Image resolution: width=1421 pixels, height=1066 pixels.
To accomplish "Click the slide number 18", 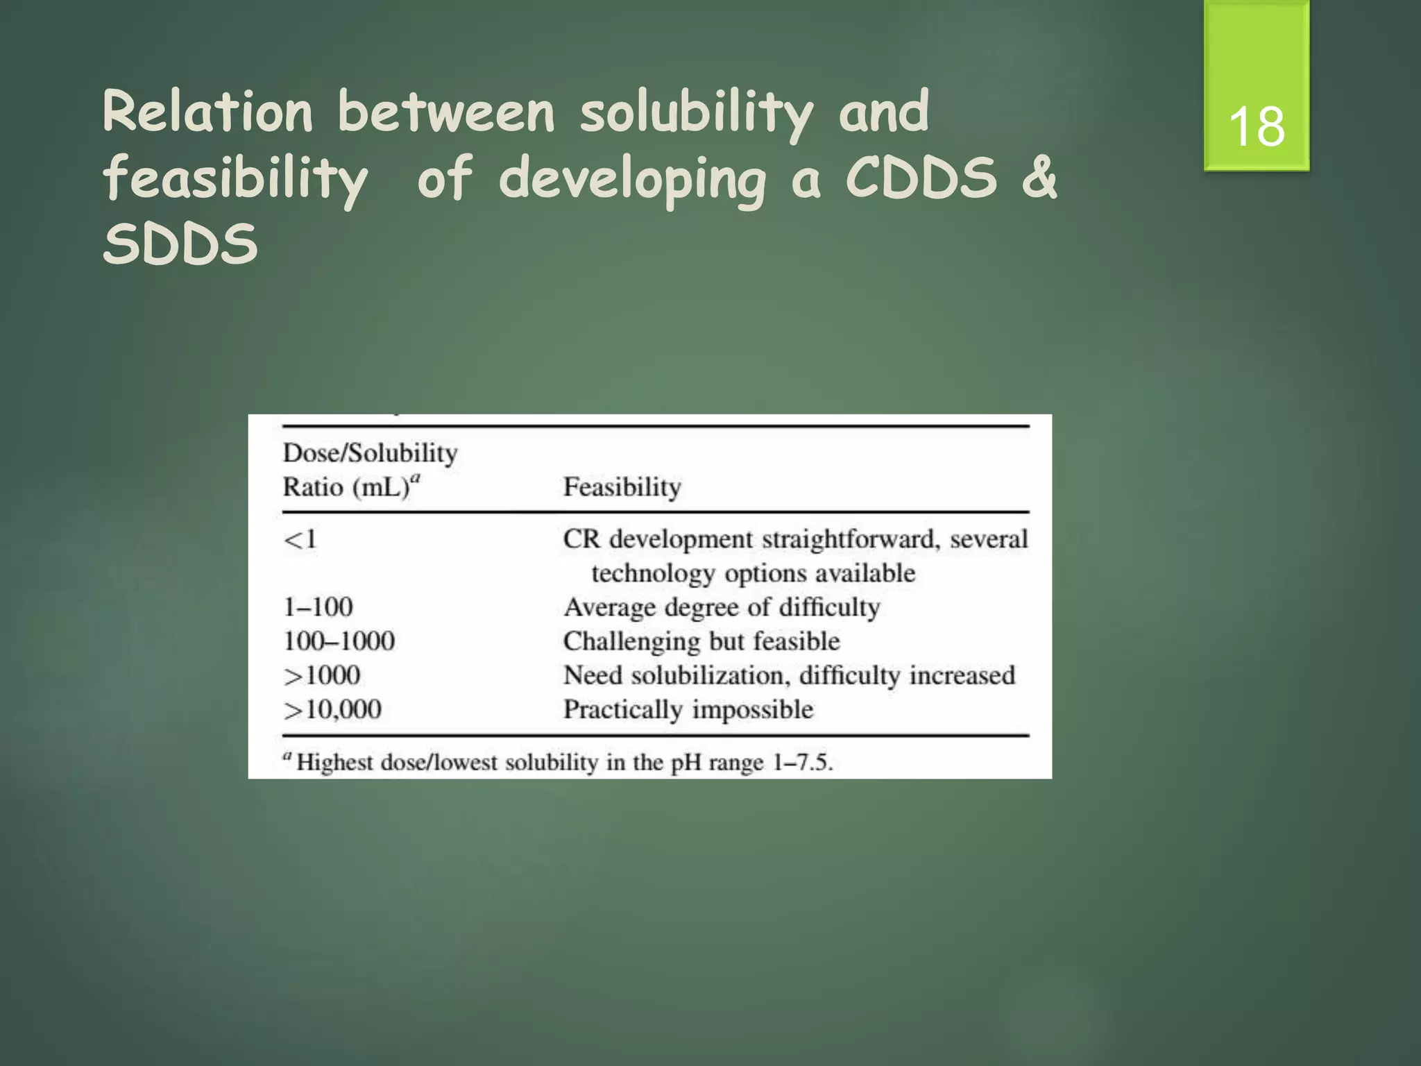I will [x=1257, y=127].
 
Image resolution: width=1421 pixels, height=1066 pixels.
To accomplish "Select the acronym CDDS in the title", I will [x=921, y=178].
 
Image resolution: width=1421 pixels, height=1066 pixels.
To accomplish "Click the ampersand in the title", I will [x=1039, y=178].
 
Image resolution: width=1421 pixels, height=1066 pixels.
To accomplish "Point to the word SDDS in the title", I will [x=180, y=244].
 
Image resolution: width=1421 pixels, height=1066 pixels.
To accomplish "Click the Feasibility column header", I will [x=622, y=487].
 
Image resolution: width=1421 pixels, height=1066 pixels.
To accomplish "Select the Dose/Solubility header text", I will [x=370, y=453].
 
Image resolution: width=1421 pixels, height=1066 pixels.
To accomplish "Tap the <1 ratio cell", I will [x=300, y=539].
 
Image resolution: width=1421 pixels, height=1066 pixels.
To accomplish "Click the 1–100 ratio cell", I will [x=318, y=607].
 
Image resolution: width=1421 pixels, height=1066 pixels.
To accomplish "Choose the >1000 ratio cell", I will [x=322, y=675].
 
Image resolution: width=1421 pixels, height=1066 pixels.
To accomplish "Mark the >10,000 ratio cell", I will [x=332, y=709].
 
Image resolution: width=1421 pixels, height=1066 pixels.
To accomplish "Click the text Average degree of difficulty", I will [x=722, y=607].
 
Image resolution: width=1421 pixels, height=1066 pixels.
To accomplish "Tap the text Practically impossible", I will [x=688, y=709].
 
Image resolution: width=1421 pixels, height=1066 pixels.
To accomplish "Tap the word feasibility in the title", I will [x=236, y=178].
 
